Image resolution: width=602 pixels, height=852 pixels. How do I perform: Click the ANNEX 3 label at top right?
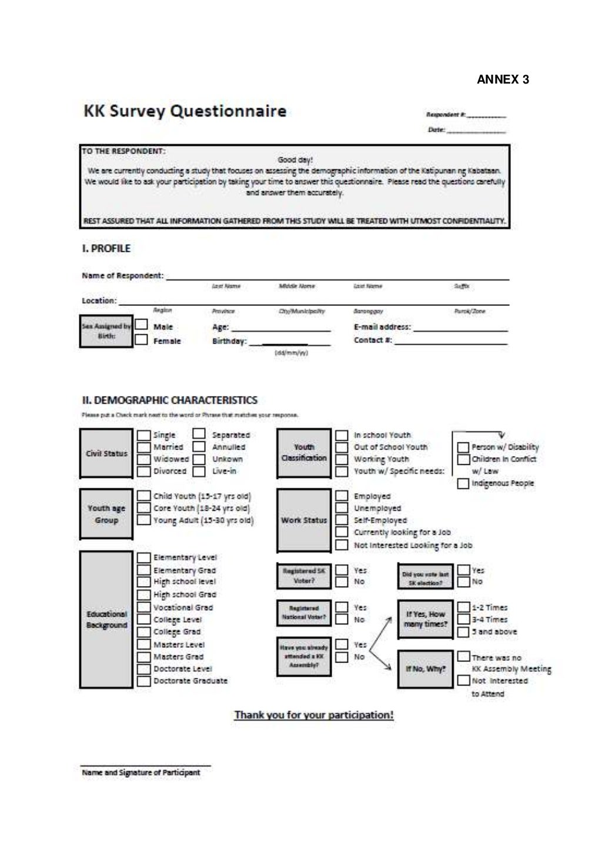click(503, 79)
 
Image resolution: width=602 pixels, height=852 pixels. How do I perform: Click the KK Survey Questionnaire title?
click(185, 111)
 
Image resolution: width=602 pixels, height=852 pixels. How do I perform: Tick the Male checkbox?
click(141, 325)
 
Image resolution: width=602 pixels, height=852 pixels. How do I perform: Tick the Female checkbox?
click(141, 340)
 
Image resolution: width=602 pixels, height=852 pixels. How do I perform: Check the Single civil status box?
click(143, 435)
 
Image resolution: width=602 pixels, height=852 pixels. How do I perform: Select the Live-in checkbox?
click(199, 471)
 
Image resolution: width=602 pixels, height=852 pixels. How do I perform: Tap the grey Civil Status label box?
click(106, 454)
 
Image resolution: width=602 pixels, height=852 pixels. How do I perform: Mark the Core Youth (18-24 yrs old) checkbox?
click(143, 508)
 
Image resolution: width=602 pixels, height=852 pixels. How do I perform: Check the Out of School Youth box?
click(342, 447)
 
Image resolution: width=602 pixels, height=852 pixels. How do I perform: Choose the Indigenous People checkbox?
click(463, 484)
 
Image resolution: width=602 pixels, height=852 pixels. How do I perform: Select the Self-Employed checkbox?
click(342, 520)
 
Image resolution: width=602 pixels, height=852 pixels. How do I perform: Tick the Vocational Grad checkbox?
click(143, 607)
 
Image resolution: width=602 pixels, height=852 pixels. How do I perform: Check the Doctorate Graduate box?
click(143, 681)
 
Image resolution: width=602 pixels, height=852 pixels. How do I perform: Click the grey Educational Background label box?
click(106, 620)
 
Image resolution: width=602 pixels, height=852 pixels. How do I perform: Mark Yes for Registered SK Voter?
click(342, 570)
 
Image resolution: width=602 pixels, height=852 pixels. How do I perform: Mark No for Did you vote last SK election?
click(463, 582)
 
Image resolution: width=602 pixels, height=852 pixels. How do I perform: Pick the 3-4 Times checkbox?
click(463, 620)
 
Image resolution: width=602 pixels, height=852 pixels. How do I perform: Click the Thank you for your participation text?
click(314, 715)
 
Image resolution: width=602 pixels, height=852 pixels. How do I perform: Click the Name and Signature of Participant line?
click(145, 766)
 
